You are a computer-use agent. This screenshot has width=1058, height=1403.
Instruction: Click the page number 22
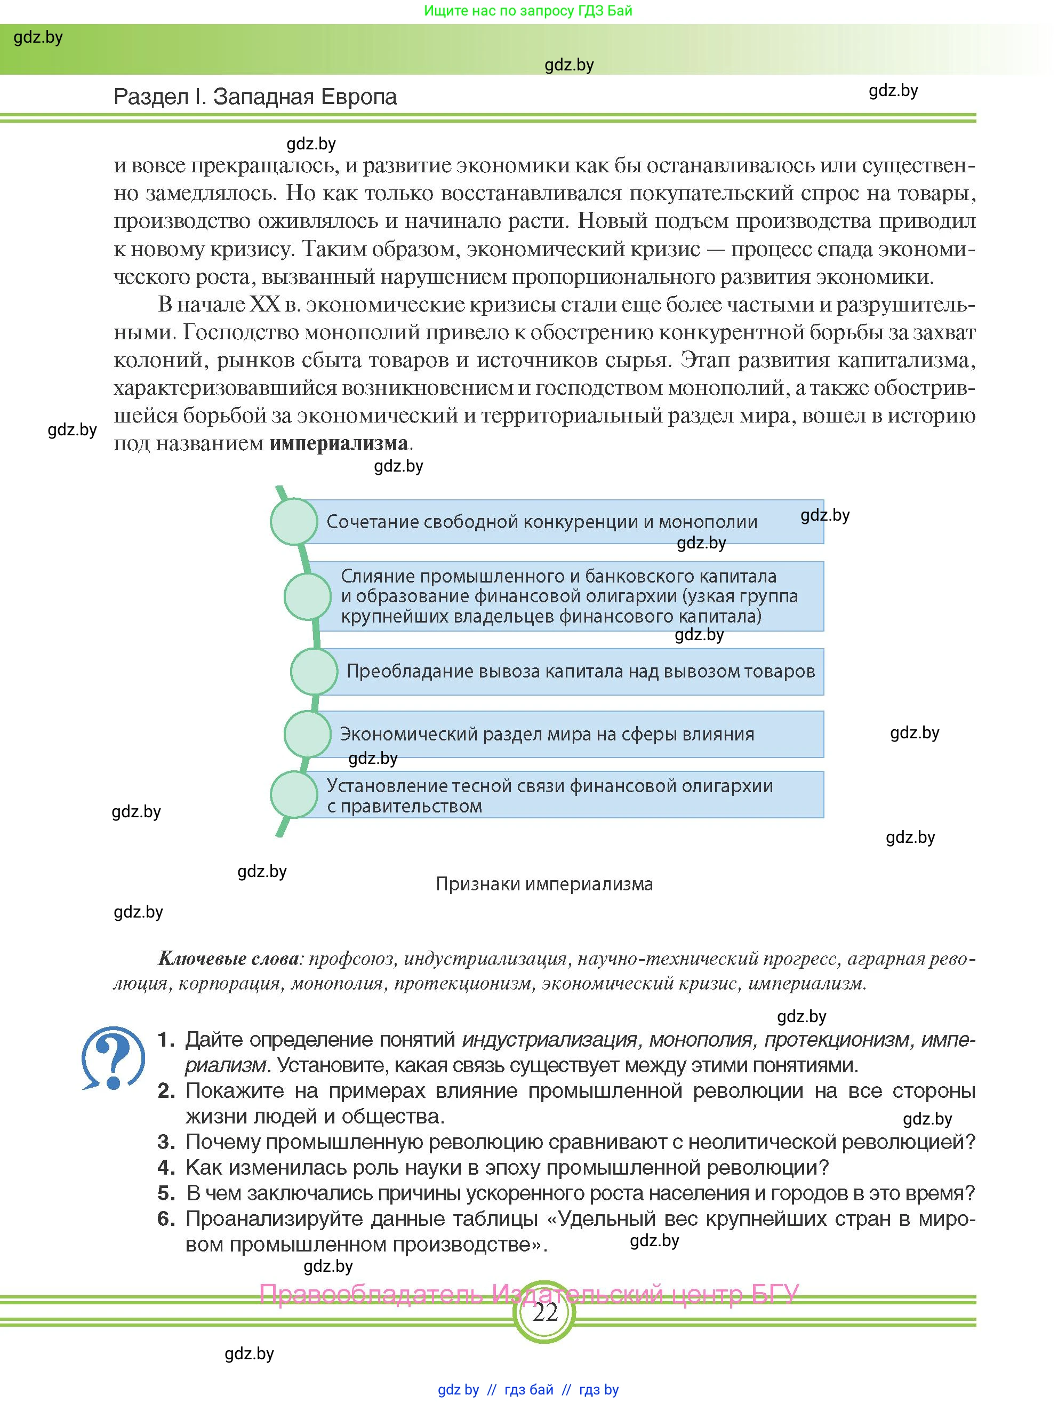pyautogui.click(x=544, y=1312)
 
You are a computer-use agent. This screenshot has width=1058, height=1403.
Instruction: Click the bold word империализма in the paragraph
pyautogui.click(x=339, y=443)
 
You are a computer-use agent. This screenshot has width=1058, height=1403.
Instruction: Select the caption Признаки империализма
pyautogui.click(x=544, y=883)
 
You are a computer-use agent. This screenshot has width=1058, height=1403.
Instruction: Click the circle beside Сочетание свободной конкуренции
pyautogui.click(x=293, y=521)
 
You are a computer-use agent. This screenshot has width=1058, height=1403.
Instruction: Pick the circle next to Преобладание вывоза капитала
pyautogui.click(x=314, y=671)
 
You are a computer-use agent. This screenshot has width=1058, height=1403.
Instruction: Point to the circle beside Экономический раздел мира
pyautogui.click(x=308, y=734)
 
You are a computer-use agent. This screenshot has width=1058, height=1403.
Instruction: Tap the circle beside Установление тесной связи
pyautogui.click(x=293, y=795)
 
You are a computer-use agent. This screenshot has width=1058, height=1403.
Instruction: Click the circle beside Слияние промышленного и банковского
pyautogui.click(x=308, y=596)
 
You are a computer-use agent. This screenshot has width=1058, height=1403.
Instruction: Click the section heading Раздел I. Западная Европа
pyautogui.click(x=255, y=97)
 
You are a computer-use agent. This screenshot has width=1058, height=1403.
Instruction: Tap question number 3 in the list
pyautogui.click(x=166, y=1142)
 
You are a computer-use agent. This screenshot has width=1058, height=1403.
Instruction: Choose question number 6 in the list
pyautogui.click(x=166, y=1218)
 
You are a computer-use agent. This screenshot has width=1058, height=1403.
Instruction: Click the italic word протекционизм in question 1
pyautogui.click(x=836, y=1040)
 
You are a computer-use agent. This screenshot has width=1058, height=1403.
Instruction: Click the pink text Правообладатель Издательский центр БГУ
pyautogui.click(x=528, y=1293)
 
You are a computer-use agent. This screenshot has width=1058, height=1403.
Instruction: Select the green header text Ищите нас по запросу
pyautogui.click(x=528, y=11)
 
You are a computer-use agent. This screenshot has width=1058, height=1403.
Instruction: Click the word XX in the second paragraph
pyautogui.click(x=265, y=305)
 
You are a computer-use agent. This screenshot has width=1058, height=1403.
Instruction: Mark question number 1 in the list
pyautogui.click(x=166, y=1040)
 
